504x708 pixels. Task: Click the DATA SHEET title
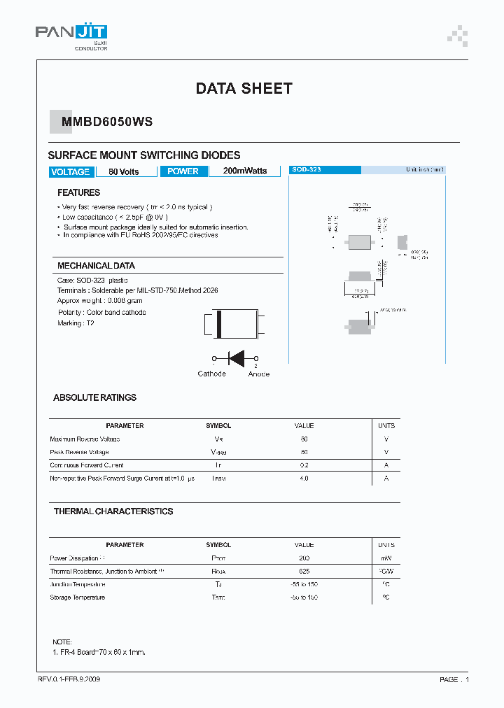[x=244, y=89]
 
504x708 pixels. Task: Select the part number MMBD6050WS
[x=107, y=122]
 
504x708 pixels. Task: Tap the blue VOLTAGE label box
[x=70, y=171]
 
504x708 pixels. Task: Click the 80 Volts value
[x=124, y=171]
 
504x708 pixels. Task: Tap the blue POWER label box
[x=183, y=171]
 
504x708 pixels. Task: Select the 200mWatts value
[x=245, y=171]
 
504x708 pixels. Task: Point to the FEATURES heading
[x=78, y=192]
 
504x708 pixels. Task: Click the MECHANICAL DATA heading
[x=96, y=266]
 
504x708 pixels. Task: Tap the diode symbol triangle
[x=237, y=358]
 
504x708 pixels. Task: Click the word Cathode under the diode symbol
[x=211, y=374]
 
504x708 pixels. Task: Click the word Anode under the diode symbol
[x=259, y=374]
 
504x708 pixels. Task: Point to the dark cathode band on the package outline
[x=218, y=325]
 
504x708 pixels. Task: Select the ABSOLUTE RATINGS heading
[x=95, y=397]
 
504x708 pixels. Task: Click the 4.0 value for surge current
[x=304, y=479]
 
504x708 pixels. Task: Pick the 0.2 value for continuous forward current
[x=304, y=465]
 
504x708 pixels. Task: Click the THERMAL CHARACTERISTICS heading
[x=113, y=511]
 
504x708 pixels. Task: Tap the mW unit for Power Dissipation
[x=386, y=558]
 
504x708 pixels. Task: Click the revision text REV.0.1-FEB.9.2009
[x=73, y=679]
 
